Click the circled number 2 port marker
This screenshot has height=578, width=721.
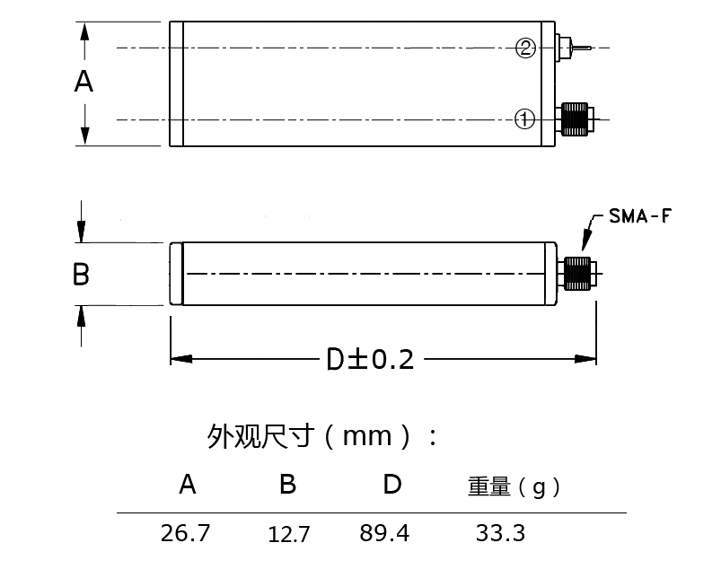(x=526, y=48)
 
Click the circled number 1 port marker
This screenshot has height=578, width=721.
(x=525, y=118)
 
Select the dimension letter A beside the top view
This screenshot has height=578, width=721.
(x=84, y=82)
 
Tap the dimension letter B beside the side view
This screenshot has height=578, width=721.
(x=81, y=274)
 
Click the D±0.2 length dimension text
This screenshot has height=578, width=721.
(x=370, y=360)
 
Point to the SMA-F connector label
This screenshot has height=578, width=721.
(x=639, y=216)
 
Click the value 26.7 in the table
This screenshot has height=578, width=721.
(x=185, y=533)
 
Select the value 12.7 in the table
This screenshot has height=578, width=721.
(x=289, y=535)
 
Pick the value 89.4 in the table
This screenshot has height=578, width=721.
(x=384, y=533)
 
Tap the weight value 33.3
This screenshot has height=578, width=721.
(x=500, y=533)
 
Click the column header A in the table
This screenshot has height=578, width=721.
(x=187, y=486)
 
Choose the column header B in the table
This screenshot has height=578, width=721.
(x=287, y=486)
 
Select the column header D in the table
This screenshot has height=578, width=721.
(x=392, y=485)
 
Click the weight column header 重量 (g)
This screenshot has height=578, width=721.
(x=514, y=487)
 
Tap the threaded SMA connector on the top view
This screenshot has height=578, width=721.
(x=574, y=118)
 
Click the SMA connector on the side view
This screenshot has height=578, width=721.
(x=578, y=273)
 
